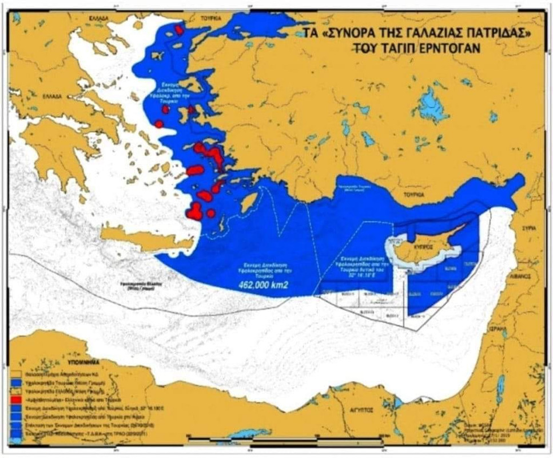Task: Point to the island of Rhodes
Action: pyautogui.click(x=249, y=202)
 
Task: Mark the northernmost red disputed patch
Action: pyautogui.click(x=179, y=30)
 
